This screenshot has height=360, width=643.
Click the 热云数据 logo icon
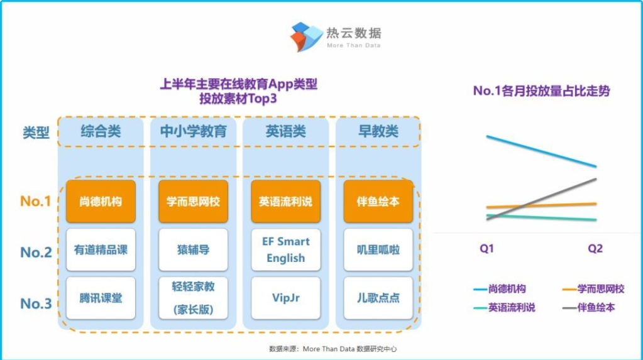(x=306, y=36)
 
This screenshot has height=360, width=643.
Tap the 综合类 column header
(x=101, y=131)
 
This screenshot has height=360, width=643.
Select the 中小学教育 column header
(x=193, y=131)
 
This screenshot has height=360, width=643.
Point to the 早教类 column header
(x=378, y=131)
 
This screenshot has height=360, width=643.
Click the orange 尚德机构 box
(x=101, y=201)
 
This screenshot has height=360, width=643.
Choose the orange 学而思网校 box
(x=193, y=201)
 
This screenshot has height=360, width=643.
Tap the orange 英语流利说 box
(x=286, y=201)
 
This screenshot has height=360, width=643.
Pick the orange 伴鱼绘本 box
(x=378, y=201)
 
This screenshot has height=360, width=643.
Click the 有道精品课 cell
(x=101, y=249)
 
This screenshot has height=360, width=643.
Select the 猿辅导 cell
(x=193, y=249)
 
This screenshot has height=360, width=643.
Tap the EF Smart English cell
(x=286, y=249)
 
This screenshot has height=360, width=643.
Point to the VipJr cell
(x=286, y=298)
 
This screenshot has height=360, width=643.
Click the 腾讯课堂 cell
(x=101, y=298)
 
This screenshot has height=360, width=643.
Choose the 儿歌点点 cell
(x=378, y=298)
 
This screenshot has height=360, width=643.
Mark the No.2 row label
(x=36, y=252)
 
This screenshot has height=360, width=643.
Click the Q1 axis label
(x=486, y=248)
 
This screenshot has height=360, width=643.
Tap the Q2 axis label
(x=595, y=248)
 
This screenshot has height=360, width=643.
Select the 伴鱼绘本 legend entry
(x=589, y=307)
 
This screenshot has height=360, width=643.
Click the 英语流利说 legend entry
(x=504, y=307)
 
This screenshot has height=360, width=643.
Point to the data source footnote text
(x=333, y=349)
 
